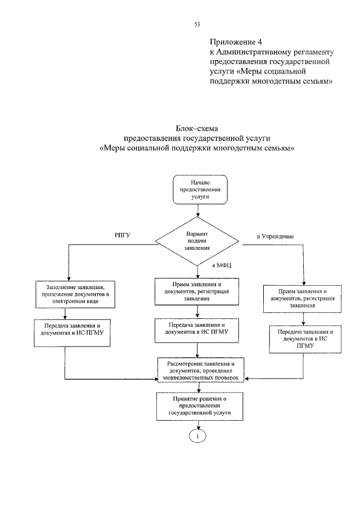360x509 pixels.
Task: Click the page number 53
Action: click(197, 24)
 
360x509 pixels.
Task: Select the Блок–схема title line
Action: click(196, 128)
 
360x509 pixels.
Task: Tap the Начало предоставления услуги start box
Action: click(200, 190)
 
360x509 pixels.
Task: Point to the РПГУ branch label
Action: click(121, 235)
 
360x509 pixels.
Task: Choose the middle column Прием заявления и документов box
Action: click(197, 291)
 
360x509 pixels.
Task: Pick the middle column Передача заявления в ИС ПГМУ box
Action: click(197, 329)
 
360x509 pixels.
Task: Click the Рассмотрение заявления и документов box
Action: click(201, 371)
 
